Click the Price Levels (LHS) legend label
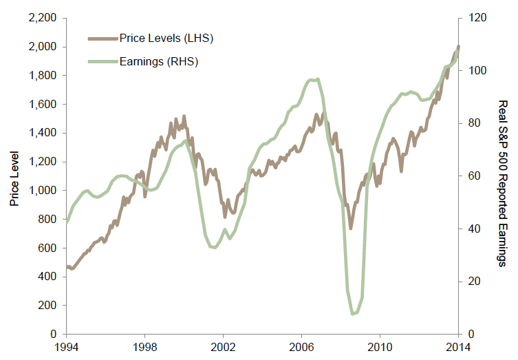(x=166, y=38)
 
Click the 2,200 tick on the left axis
(x=44, y=19)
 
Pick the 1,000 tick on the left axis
(x=44, y=191)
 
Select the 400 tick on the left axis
(x=48, y=277)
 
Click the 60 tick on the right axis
(x=473, y=176)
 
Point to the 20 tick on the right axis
(x=473, y=282)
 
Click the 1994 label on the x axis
(x=66, y=348)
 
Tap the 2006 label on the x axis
(x=302, y=348)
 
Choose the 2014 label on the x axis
(x=459, y=348)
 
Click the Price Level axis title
(x=13, y=176)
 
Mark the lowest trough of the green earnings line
(x=353, y=314)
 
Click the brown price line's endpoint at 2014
(x=459, y=47)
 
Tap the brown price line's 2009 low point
(x=351, y=228)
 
